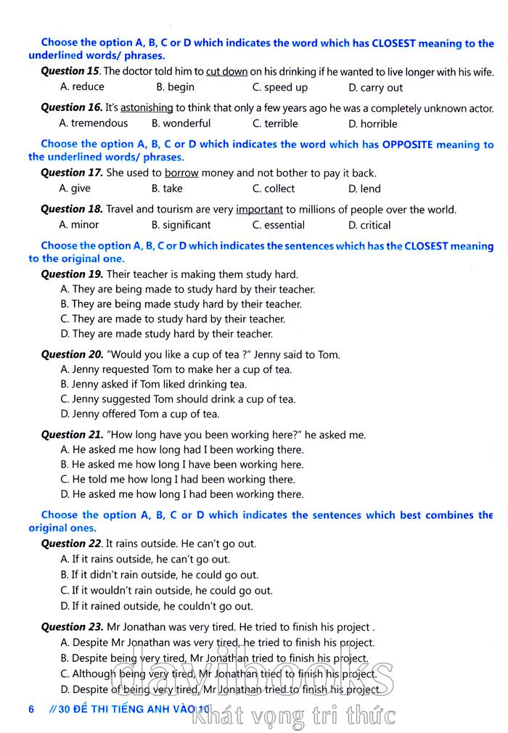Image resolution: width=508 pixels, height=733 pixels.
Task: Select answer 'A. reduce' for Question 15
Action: coord(82,87)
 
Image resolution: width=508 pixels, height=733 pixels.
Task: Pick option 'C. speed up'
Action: coord(279,87)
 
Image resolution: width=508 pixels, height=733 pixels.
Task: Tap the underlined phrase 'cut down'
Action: coord(226,72)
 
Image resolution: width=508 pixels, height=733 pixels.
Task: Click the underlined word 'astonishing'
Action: coord(147,107)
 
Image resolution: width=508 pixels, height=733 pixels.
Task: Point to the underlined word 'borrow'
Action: coord(181,173)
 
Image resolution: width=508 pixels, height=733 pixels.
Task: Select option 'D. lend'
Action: coord(364,189)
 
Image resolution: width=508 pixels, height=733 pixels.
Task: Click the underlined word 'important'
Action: coord(259,210)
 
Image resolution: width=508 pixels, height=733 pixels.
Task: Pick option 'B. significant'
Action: coord(181,225)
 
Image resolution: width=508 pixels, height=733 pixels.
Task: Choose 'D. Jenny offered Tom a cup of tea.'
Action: coord(139,414)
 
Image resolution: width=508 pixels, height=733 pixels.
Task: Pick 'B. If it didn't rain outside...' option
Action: coord(159,575)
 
